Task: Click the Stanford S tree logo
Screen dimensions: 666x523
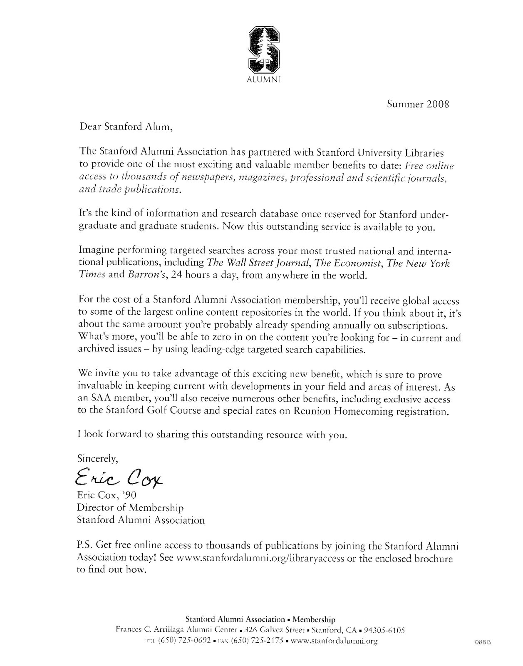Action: point(264,49)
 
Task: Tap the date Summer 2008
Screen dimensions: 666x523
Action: point(418,104)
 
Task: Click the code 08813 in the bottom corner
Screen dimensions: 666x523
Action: point(483,642)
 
